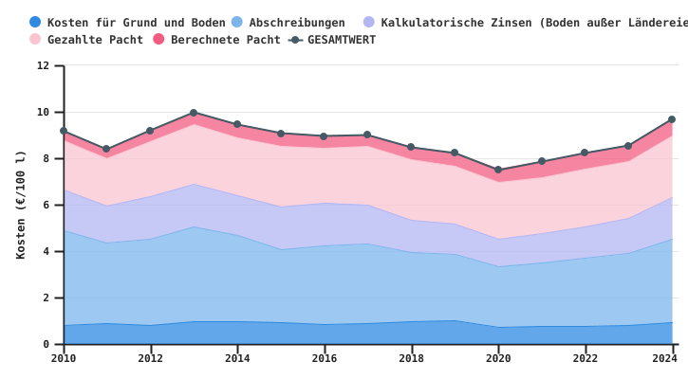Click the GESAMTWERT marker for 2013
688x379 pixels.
(x=194, y=113)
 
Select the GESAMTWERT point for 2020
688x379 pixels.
(x=498, y=171)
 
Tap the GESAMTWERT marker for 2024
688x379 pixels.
(x=672, y=119)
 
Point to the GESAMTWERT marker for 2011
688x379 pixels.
(x=106, y=149)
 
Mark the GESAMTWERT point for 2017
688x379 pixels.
(x=367, y=135)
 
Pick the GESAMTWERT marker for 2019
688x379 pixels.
(x=455, y=153)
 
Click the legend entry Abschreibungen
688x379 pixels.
(x=297, y=23)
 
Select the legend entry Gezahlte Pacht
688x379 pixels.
(x=95, y=40)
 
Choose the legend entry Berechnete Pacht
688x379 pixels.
(x=226, y=40)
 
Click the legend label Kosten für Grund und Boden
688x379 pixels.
(x=137, y=23)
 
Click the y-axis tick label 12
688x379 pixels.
(x=44, y=66)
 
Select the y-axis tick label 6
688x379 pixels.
(x=46, y=206)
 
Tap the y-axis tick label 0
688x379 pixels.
(x=46, y=345)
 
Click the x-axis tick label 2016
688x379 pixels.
(x=325, y=359)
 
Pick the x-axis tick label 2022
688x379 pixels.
(x=586, y=359)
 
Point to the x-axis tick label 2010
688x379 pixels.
(x=64, y=359)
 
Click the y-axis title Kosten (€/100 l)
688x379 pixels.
(x=21, y=205)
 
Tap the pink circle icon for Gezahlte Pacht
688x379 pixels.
(x=35, y=40)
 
